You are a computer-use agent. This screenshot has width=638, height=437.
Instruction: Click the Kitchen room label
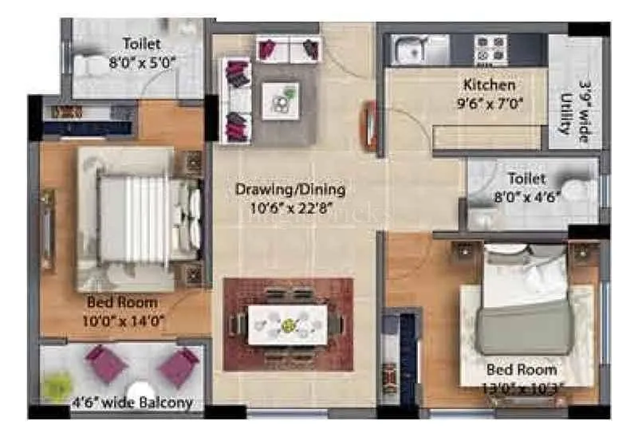click(x=490, y=85)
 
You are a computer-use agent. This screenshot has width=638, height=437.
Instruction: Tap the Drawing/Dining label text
click(x=290, y=190)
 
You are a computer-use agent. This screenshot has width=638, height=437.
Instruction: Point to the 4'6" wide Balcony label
click(x=132, y=403)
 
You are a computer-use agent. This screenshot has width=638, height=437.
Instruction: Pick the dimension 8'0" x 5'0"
click(x=141, y=61)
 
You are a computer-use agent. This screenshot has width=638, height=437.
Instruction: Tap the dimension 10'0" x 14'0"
click(x=123, y=320)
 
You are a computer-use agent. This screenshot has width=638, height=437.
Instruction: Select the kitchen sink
click(x=409, y=50)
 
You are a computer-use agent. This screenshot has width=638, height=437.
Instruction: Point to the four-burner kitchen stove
click(x=487, y=49)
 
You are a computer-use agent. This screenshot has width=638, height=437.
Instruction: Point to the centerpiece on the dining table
click(x=288, y=325)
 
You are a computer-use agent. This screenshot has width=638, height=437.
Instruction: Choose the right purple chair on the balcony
click(x=178, y=367)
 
